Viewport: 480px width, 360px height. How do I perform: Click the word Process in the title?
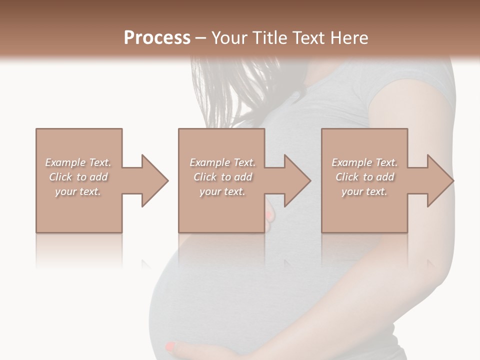point(157,37)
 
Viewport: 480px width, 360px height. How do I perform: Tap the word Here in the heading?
point(348,37)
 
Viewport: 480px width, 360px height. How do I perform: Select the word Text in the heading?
point(308,37)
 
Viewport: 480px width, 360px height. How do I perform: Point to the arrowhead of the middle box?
point(297,180)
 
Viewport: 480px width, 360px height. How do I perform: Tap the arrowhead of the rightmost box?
point(440,180)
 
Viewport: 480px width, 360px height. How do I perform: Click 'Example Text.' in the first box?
point(78,162)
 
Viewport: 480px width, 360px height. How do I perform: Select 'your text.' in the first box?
point(78,191)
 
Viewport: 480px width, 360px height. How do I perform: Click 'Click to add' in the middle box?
point(222,177)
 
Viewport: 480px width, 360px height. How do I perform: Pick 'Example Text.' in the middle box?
point(222,162)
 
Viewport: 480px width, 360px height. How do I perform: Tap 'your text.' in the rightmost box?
point(364,191)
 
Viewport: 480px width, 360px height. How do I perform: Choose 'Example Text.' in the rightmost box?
point(364,162)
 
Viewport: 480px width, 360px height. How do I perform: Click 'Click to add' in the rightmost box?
point(364,177)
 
